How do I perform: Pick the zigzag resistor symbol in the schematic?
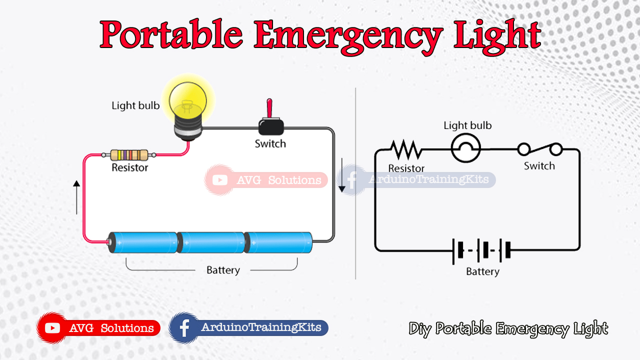[x=406, y=149]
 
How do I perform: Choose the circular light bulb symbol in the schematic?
[x=466, y=148]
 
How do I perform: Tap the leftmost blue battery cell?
[x=143, y=242]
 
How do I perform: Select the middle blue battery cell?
[x=211, y=242]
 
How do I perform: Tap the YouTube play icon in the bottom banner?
[x=52, y=328]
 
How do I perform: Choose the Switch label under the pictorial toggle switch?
[x=270, y=144]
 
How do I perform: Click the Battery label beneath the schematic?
[x=482, y=271]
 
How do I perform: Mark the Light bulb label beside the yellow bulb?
[x=135, y=105]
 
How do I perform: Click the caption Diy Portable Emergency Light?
[x=508, y=328]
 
